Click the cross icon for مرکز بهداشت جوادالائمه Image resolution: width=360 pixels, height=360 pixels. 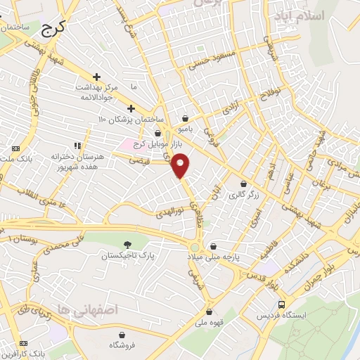pyautogui.click(x=96, y=76)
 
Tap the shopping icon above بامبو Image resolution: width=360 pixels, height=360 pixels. pyautogui.click(x=185, y=117)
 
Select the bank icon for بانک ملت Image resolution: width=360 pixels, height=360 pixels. pyautogui.click(x=15, y=148)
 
